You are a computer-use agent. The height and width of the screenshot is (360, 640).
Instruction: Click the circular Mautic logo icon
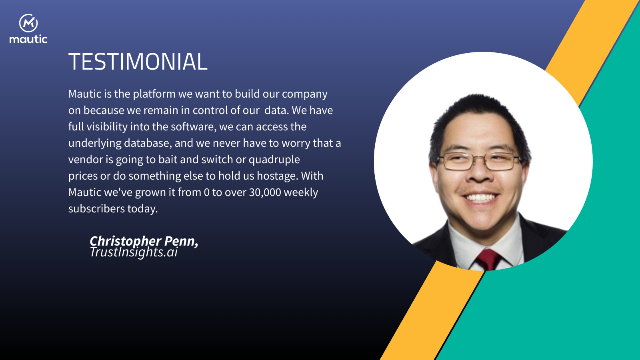(28, 23)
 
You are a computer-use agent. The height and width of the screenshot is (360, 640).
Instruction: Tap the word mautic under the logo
(28, 39)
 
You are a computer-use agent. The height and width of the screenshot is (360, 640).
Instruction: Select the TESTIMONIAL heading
(138, 62)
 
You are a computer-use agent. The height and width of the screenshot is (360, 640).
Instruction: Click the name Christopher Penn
(144, 241)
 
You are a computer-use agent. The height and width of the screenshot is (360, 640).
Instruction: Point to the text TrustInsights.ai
(134, 252)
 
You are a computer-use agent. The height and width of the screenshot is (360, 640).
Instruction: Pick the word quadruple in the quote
(274, 160)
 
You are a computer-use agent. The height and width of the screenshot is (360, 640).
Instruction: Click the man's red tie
(488, 259)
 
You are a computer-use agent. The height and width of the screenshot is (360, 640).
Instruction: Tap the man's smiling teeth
(480, 198)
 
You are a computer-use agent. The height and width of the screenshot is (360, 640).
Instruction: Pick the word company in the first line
(304, 94)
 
